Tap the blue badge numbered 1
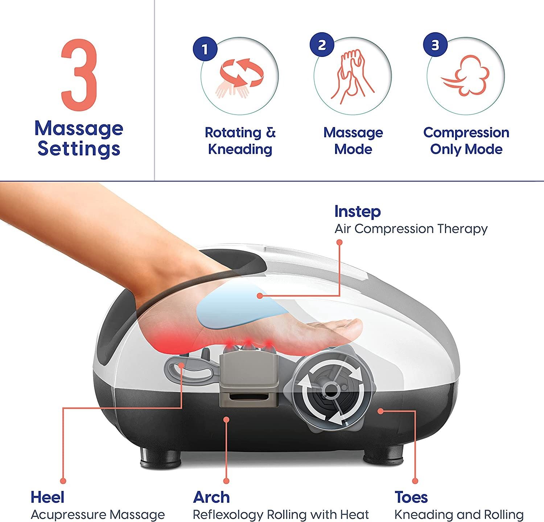(205, 49)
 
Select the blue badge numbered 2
(322, 45)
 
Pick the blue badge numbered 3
(435, 45)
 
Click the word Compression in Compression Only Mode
(466, 133)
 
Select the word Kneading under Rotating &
(240, 149)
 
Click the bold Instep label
(357, 211)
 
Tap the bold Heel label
(48, 497)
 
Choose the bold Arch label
(211, 497)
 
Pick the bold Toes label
(411, 497)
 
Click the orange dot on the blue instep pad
(260, 296)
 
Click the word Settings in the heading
(79, 149)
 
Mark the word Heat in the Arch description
(355, 515)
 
